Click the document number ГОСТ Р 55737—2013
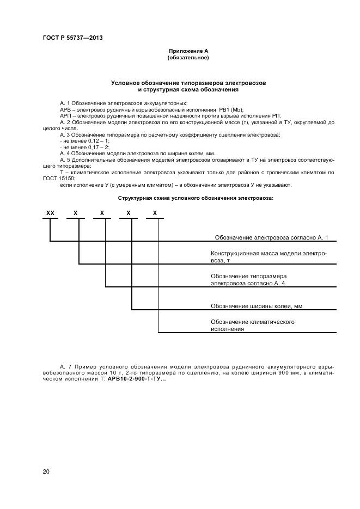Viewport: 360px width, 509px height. pos(72,38)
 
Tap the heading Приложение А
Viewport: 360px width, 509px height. pos(188,51)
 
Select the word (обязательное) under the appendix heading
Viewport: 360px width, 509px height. pos(188,58)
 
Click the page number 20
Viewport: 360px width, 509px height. pos(46,471)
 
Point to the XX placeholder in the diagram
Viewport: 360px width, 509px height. pos(51,213)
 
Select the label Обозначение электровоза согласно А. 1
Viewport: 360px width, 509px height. pos(270,237)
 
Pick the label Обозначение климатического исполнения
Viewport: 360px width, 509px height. pos(253,326)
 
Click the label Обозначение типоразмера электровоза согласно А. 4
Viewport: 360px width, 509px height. pos(248,280)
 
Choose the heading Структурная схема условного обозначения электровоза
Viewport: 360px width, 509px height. pos(196,198)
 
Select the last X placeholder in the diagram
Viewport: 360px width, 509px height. pos(155,213)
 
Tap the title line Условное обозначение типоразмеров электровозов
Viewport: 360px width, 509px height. pos(188,83)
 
